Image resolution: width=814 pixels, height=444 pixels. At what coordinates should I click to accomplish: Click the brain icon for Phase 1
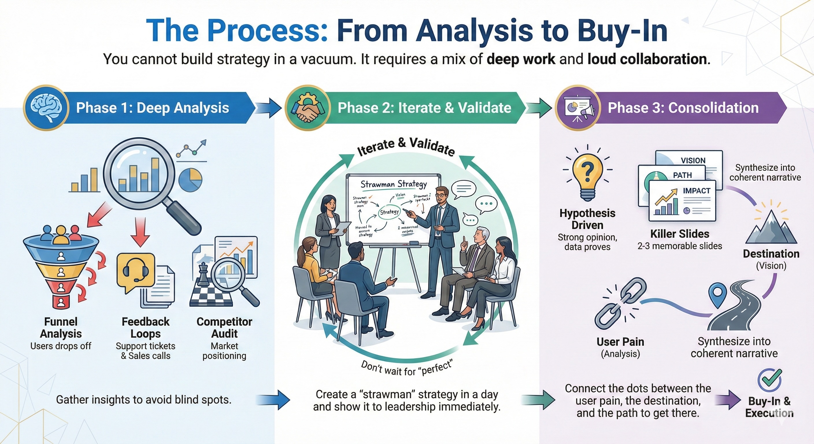click(x=46, y=108)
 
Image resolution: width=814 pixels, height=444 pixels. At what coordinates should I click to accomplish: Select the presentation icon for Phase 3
click(x=578, y=108)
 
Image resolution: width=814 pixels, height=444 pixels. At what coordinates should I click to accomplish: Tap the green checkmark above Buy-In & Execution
click(x=770, y=380)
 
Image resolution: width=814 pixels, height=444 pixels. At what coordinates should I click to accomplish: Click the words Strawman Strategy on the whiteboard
click(x=393, y=184)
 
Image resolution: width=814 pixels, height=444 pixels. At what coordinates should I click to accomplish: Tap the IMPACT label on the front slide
click(x=696, y=190)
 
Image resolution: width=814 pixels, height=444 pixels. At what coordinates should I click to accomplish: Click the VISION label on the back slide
click(x=693, y=160)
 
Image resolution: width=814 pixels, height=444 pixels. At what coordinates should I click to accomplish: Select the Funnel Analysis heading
click(x=61, y=328)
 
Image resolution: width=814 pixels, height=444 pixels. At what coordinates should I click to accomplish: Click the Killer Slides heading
click(x=680, y=234)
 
